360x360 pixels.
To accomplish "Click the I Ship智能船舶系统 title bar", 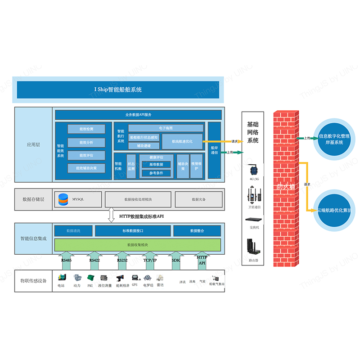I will click(x=118, y=90).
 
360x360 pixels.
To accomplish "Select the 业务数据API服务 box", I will click(x=138, y=115).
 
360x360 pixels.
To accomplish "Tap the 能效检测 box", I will click(x=86, y=129).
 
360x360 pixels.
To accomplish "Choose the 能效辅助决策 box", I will click(x=86, y=168).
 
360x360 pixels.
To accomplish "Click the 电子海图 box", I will click(x=166, y=128).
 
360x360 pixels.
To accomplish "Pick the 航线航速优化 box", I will click(x=182, y=141).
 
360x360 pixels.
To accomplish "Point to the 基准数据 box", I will click(x=154, y=165).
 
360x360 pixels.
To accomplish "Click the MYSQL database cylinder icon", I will click(x=63, y=199).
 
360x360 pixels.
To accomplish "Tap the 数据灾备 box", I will click(x=198, y=199).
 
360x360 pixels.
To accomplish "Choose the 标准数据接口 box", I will click(x=133, y=231).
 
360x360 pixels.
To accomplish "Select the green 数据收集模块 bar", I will click(x=137, y=245).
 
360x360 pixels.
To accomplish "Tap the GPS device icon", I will click(x=135, y=279).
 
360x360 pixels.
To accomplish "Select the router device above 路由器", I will click(x=252, y=247).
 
